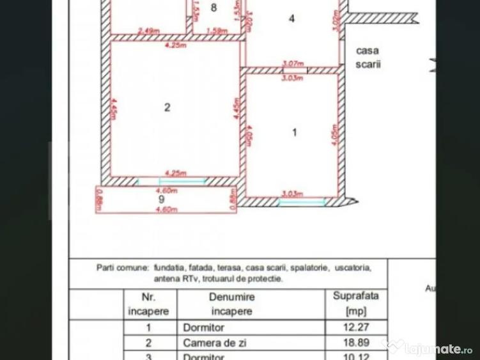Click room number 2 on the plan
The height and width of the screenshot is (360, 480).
click(167, 107)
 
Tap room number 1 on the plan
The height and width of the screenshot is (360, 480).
click(294, 132)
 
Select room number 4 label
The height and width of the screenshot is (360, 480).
click(292, 19)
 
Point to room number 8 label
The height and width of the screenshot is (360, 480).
click(214, 8)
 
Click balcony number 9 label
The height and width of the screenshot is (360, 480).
click(162, 199)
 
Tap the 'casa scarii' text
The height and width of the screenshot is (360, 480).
click(369, 57)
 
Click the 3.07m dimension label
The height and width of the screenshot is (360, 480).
click(291, 63)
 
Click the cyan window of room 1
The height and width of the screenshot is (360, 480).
click(302, 201)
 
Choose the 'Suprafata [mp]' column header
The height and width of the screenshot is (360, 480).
click(355, 304)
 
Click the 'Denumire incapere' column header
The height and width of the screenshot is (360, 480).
click(231, 304)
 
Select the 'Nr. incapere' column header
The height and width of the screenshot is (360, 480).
click(148, 304)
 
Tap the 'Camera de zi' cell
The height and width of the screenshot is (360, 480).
click(206, 343)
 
